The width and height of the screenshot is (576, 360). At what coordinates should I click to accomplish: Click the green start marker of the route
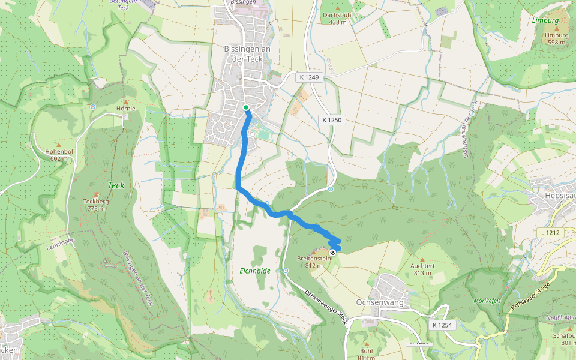pyautogui.click(x=246, y=107)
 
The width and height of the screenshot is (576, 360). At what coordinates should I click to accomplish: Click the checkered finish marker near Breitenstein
pyautogui.click(x=332, y=253)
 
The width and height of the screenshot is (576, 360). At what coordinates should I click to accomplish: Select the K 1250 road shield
pyautogui.click(x=331, y=120)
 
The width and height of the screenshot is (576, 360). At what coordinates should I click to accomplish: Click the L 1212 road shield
pyautogui.click(x=549, y=232)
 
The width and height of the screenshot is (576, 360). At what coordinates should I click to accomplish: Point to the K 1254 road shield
pyautogui.click(x=441, y=325)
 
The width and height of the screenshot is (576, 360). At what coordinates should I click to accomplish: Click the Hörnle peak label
pyautogui.click(x=126, y=109)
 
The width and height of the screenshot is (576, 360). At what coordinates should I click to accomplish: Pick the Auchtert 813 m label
pyautogui.click(x=422, y=269)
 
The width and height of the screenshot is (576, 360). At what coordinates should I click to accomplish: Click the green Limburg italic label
pyautogui.click(x=545, y=20)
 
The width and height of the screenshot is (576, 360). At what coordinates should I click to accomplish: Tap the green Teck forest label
pyautogui.click(x=116, y=185)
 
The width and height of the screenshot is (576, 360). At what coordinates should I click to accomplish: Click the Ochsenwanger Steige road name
pyautogui.click(x=326, y=308)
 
